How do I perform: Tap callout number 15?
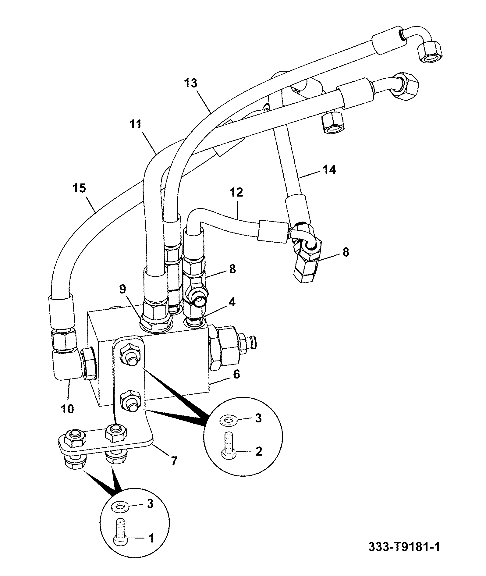[x=79, y=188]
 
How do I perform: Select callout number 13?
[x=191, y=83]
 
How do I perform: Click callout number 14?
[x=329, y=169]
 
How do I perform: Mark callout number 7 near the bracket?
[x=174, y=461]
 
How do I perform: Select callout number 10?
[x=67, y=409]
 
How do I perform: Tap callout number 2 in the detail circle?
[x=259, y=451]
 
